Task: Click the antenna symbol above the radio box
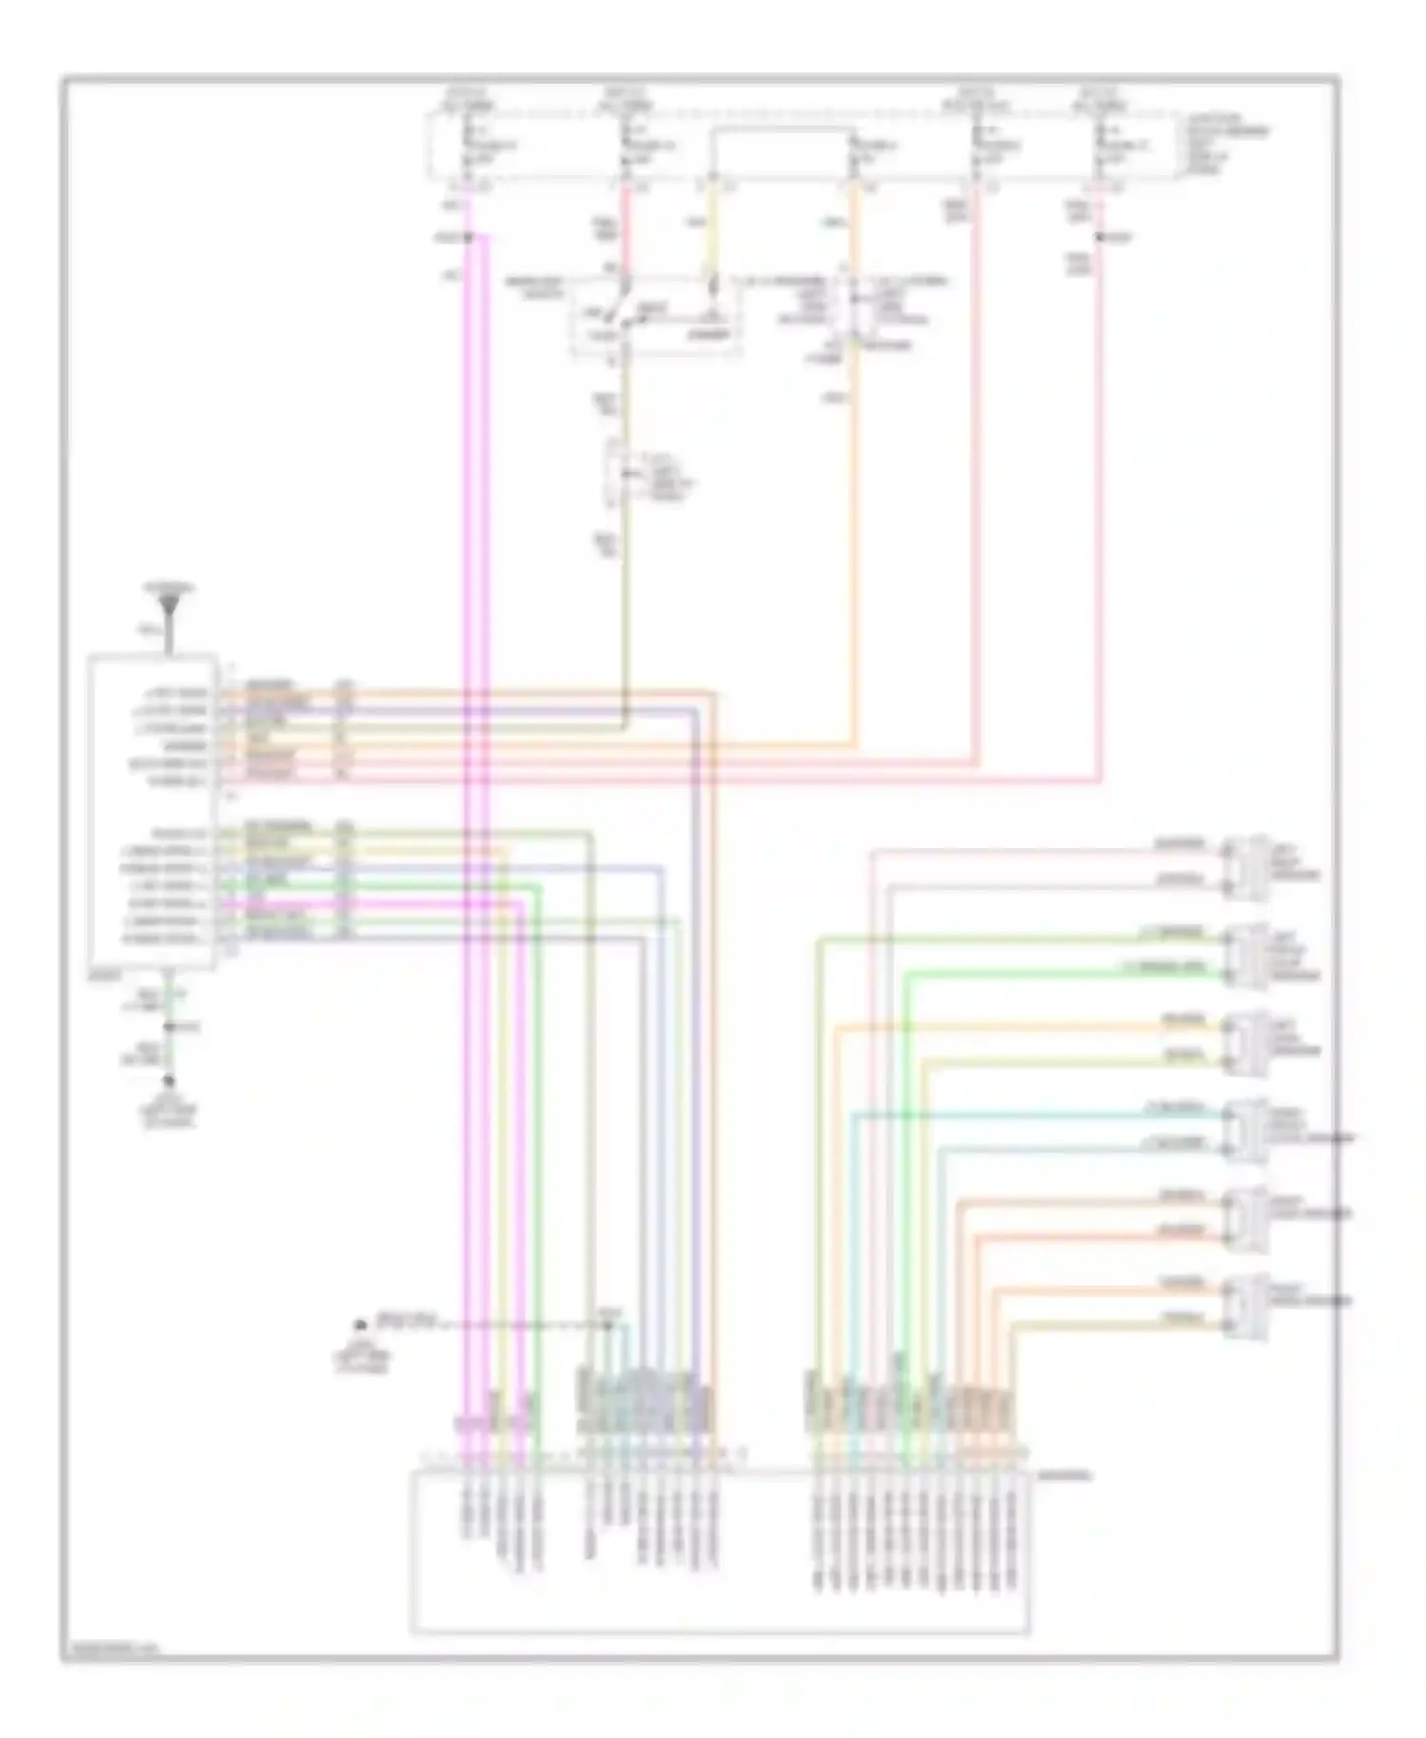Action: click(x=171, y=603)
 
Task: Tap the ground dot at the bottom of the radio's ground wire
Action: click(x=170, y=1081)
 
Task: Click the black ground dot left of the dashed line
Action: click(x=360, y=1324)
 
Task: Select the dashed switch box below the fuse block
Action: click(x=656, y=317)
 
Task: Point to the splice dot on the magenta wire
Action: click(x=468, y=237)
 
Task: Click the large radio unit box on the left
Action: click(x=152, y=811)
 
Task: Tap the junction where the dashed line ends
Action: click(x=608, y=1324)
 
